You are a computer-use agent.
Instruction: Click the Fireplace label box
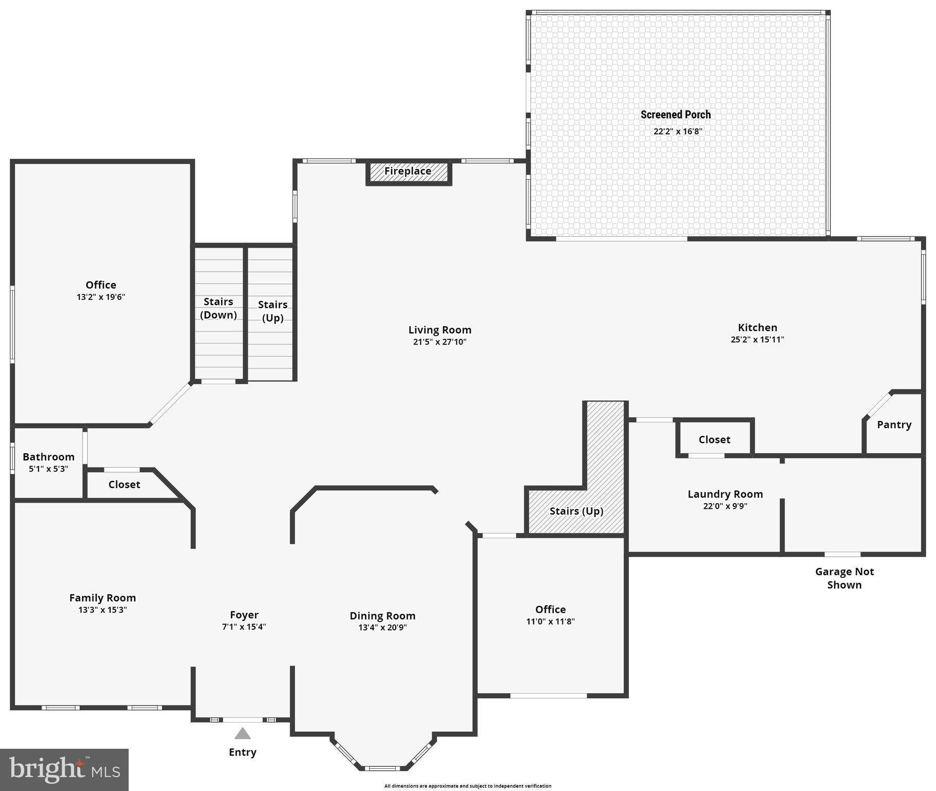[408, 171]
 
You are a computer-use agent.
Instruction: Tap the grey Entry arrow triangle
[242, 733]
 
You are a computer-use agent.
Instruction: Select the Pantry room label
[894, 425]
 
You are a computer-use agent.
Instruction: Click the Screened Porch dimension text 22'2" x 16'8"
[678, 131]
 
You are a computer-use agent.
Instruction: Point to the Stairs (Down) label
[218, 308]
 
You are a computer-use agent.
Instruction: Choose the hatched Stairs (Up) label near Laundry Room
[576, 511]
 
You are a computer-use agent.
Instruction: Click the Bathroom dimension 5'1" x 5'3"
[48, 469]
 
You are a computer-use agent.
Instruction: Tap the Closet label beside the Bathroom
[124, 485]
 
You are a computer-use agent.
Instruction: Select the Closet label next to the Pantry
[714, 440]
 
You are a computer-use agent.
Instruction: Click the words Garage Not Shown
[844, 578]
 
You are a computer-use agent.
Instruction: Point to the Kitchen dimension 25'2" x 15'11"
[757, 340]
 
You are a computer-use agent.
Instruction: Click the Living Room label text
[439, 330]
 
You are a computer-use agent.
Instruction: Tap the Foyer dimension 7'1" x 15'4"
[244, 627]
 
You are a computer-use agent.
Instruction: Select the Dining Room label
[382, 616]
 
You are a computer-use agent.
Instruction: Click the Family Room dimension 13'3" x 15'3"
[102, 610]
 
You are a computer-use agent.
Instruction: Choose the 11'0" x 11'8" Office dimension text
[550, 622]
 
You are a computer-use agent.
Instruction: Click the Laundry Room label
[725, 494]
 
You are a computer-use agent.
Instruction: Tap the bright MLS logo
[64, 769]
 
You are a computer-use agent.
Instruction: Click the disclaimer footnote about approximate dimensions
[467, 786]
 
